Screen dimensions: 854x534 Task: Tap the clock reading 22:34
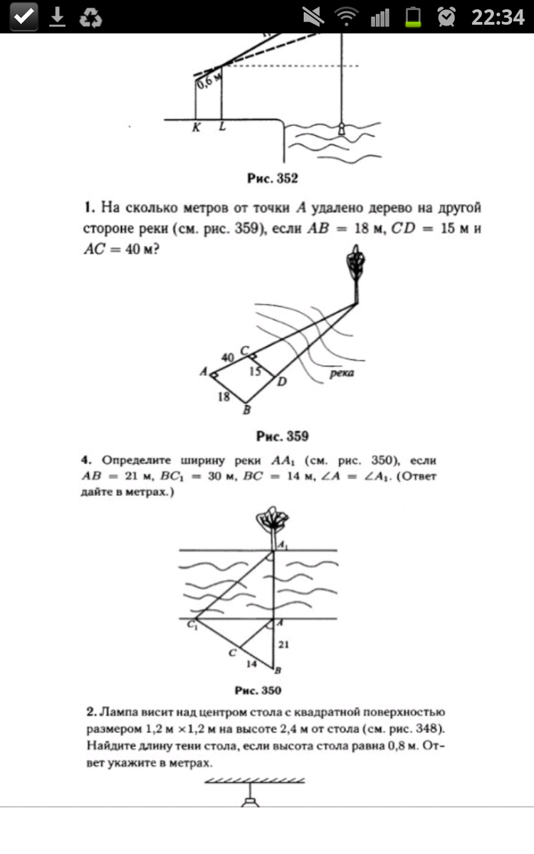coord(497,17)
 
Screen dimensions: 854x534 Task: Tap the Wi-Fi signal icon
coord(347,17)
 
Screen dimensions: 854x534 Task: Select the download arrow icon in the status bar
coord(57,17)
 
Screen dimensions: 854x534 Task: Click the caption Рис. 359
coord(282,436)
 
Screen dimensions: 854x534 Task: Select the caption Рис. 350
coord(258,690)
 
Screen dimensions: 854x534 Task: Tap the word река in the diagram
coord(342,372)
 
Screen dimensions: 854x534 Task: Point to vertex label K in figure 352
coord(194,129)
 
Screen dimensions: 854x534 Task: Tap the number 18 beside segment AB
coord(224,397)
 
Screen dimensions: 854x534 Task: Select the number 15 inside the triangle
coord(256,371)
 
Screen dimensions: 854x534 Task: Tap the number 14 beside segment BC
coord(251,663)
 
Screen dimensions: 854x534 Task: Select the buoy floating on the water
coord(342,128)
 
